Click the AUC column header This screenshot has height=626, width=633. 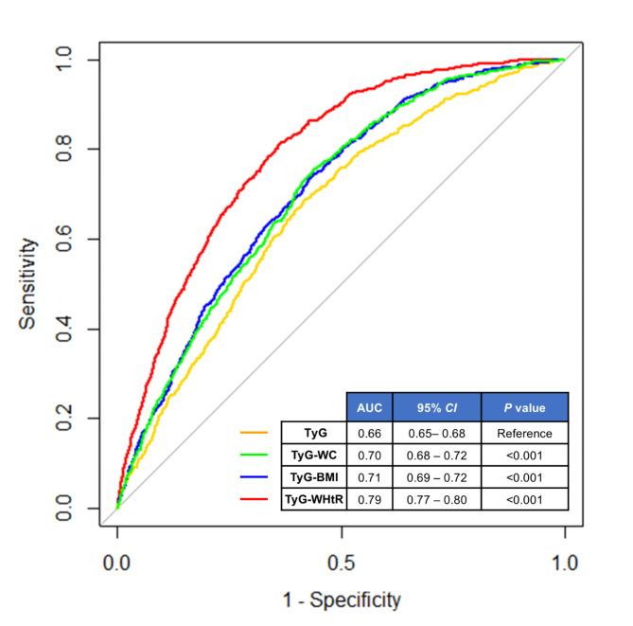click(369, 407)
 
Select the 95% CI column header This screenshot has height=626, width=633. click(436, 407)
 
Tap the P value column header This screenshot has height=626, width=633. click(524, 407)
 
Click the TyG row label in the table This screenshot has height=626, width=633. click(314, 433)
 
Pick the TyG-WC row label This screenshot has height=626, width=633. click(314, 456)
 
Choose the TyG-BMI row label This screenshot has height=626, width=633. click(314, 477)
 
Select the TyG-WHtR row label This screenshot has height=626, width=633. click(314, 499)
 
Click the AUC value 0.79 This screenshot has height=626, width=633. click(369, 499)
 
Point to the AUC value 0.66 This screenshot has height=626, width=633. click(369, 433)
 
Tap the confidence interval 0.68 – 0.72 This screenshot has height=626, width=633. click(436, 456)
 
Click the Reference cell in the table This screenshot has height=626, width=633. click(524, 433)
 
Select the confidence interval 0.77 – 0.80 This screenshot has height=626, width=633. click(436, 499)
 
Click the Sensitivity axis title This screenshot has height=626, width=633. click(29, 283)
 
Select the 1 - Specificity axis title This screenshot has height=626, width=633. click(341, 599)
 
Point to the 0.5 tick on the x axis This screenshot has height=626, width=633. click(341, 561)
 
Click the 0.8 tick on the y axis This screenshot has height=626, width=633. click(65, 150)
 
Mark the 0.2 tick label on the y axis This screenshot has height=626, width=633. click(65, 419)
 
